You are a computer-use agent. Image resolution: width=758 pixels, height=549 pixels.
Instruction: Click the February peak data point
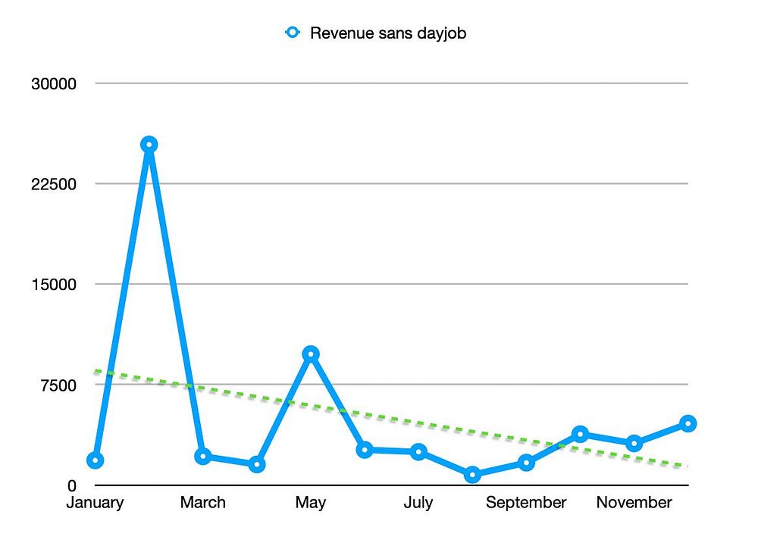point(149,145)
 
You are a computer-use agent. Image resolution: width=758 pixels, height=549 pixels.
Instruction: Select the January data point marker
point(95,460)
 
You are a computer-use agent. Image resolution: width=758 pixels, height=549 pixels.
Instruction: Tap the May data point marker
point(310,354)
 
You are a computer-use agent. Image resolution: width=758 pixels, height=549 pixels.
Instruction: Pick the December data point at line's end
point(688,423)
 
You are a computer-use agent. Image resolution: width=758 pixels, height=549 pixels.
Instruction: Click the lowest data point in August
point(472,475)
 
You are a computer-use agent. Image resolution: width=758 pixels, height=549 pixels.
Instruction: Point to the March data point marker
point(202,456)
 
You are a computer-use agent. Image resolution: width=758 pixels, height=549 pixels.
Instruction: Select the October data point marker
point(580,434)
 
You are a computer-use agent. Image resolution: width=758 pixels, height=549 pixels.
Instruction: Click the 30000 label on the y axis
point(54,83)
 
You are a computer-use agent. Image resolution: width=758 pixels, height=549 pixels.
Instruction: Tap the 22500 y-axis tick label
point(54,184)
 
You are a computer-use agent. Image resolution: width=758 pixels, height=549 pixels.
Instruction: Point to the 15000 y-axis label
point(54,284)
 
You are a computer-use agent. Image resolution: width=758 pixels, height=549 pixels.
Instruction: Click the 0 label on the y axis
point(72,485)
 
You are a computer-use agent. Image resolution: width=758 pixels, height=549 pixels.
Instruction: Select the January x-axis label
point(95,503)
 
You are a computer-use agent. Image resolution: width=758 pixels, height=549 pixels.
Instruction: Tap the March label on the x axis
point(202,503)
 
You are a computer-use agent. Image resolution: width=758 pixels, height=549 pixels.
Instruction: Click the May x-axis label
point(310,503)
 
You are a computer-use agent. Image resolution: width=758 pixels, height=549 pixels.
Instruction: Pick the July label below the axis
point(418,503)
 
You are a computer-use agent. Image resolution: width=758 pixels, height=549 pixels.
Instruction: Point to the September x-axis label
point(526,503)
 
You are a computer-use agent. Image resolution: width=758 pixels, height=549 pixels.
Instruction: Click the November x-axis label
point(634,503)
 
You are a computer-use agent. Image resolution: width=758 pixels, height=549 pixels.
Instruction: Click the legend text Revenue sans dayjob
point(387,33)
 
